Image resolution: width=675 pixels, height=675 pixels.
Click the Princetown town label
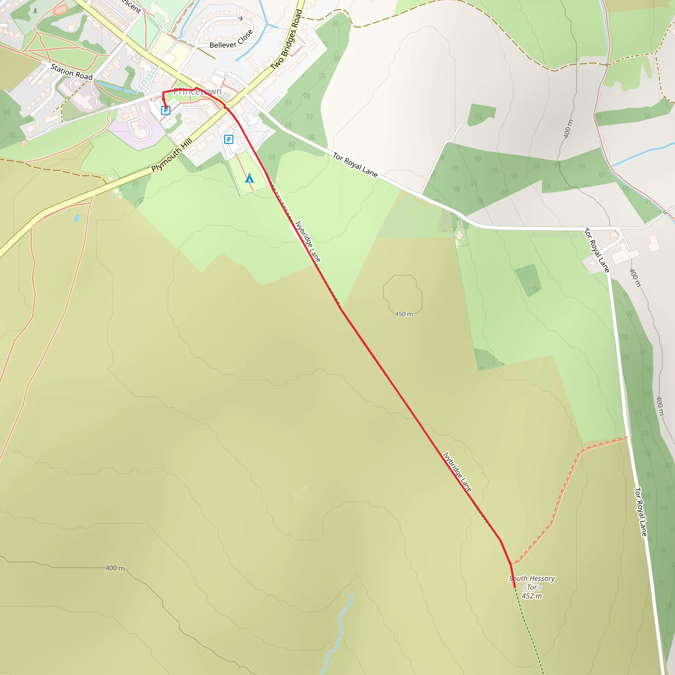click(197, 92)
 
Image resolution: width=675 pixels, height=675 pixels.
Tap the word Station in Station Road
click(62, 69)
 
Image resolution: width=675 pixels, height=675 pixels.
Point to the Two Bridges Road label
click(286, 39)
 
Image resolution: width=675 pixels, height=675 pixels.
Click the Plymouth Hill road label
click(171, 155)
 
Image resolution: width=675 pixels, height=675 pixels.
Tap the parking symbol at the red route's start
click(165, 110)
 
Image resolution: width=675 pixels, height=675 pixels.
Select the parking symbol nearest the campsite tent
click(228, 140)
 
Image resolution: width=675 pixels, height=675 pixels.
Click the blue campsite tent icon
click(249, 179)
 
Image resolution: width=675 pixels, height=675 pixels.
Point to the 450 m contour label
click(404, 314)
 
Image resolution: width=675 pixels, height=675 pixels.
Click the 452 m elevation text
click(531, 596)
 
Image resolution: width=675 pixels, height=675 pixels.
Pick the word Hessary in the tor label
click(542, 578)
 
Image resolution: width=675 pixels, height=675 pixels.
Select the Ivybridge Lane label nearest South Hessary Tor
click(457, 472)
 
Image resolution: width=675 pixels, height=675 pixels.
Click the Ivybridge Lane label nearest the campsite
click(308, 241)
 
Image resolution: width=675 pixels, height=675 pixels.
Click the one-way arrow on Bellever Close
click(240, 18)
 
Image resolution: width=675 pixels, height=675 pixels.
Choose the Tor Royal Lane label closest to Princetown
click(355, 165)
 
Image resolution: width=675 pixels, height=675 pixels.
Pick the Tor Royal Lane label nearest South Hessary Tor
click(640, 512)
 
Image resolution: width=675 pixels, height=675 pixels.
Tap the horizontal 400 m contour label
click(115, 568)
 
